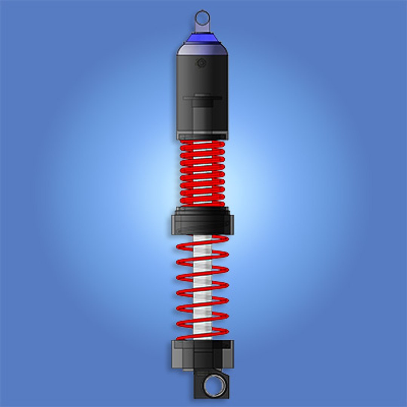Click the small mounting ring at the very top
coord(202,17)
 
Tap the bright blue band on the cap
coord(202,38)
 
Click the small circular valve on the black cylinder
coord(201,63)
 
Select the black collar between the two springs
coord(202,225)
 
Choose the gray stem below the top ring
coord(202,28)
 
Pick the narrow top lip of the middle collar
coord(202,210)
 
